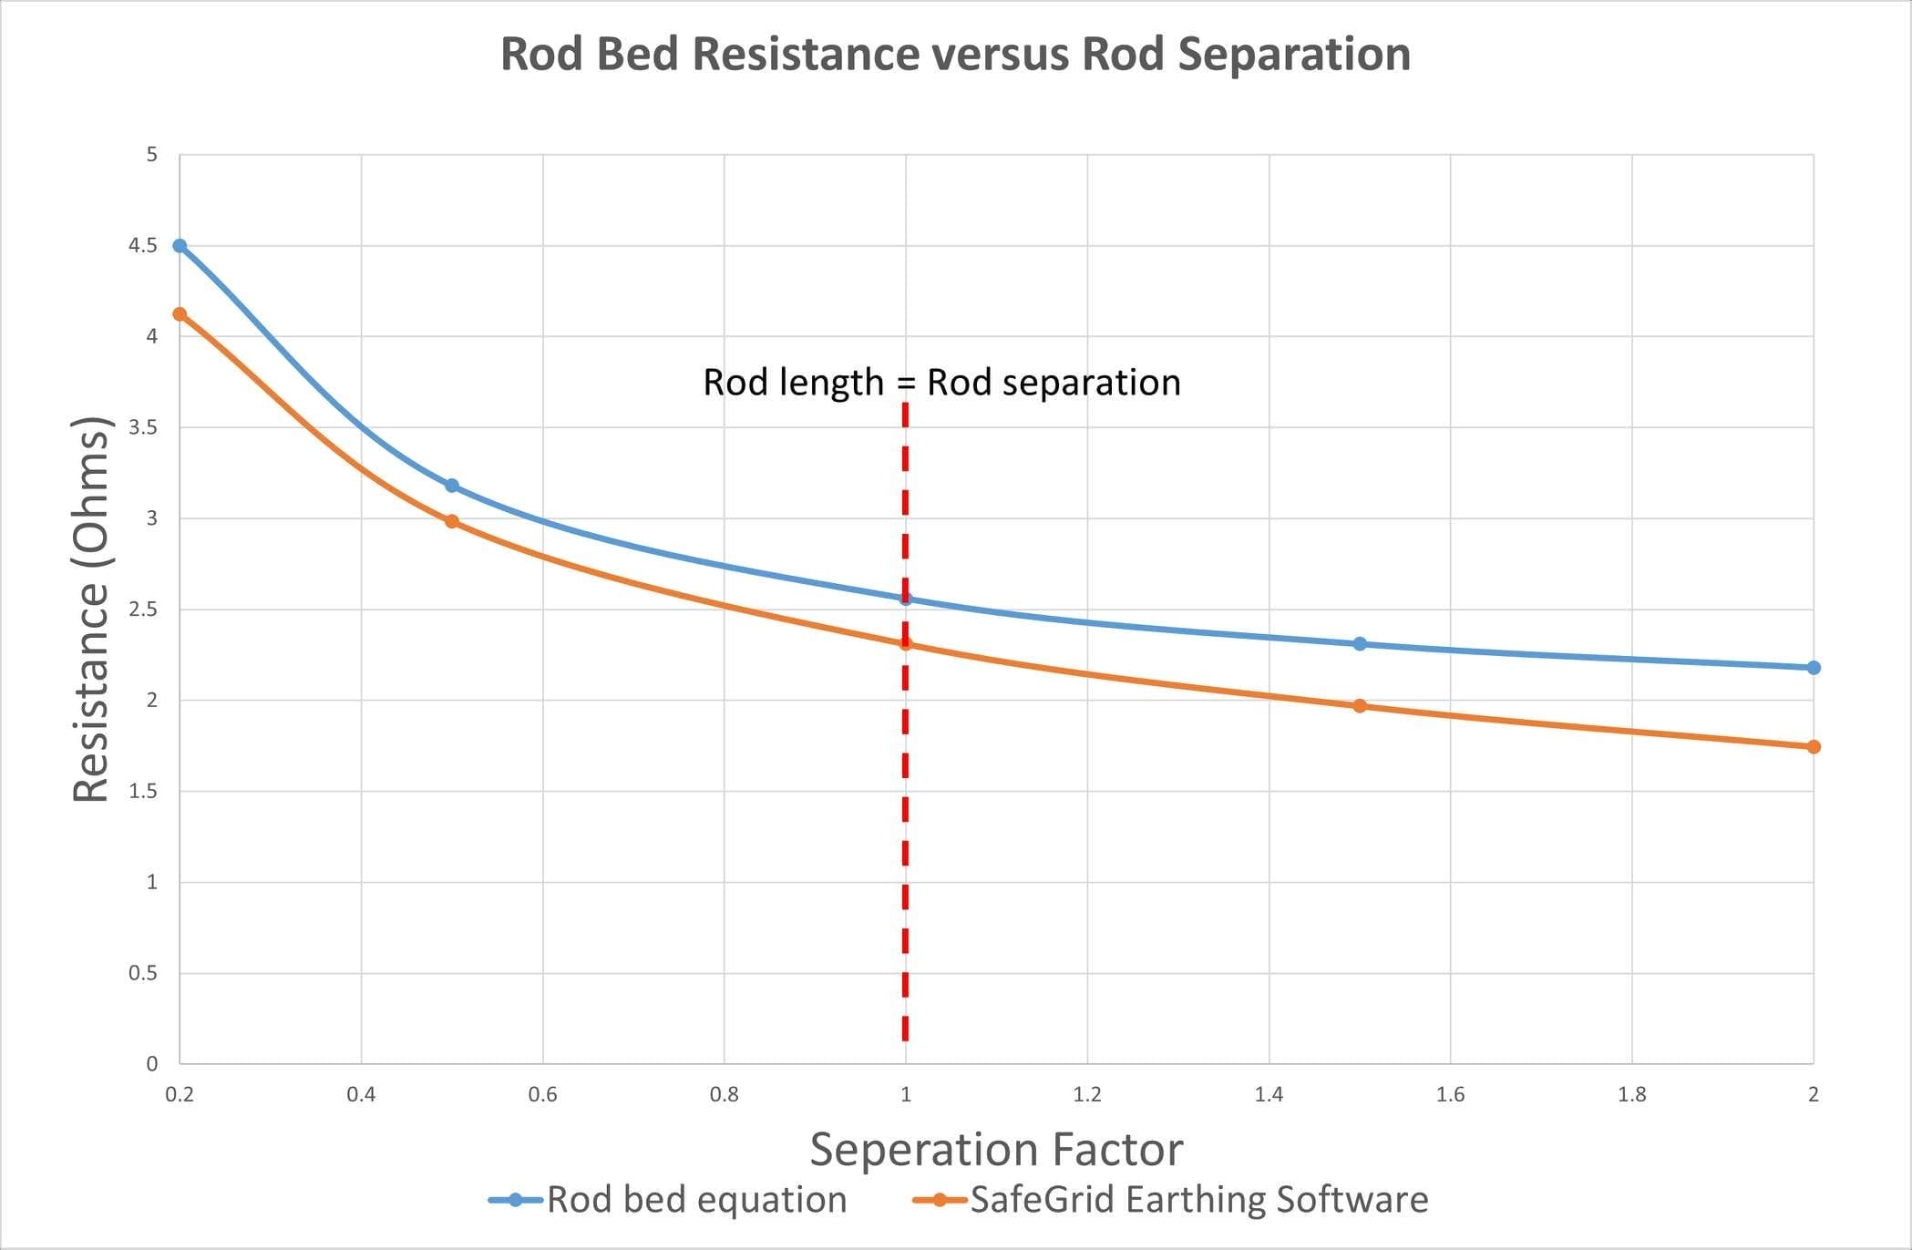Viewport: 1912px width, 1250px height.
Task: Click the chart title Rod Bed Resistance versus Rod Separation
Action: pyautogui.click(x=955, y=54)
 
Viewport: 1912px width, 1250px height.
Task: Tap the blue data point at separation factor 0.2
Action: pyautogui.click(x=180, y=246)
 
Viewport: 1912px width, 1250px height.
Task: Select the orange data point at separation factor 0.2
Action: pyautogui.click(x=180, y=314)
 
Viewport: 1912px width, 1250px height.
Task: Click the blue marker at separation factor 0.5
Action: pyautogui.click(x=452, y=486)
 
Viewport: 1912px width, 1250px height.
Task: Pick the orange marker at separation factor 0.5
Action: pyautogui.click(x=452, y=522)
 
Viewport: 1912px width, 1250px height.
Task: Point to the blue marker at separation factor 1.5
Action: pyautogui.click(x=1360, y=644)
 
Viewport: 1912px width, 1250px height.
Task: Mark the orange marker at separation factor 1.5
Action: pyautogui.click(x=1360, y=706)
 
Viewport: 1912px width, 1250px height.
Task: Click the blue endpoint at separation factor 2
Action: pyautogui.click(x=1814, y=668)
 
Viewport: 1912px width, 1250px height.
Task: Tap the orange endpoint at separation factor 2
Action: pyautogui.click(x=1814, y=747)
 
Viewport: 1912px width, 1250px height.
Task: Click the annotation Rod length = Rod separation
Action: pyautogui.click(x=941, y=383)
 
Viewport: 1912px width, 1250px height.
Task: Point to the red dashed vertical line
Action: pyautogui.click(x=905, y=820)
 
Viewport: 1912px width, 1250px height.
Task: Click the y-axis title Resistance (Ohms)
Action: pyautogui.click(x=91, y=609)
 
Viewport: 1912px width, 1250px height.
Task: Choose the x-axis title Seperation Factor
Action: pyautogui.click(x=996, y=1149)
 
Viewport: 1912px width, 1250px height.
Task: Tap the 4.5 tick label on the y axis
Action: pyautogui.click(x=143, y=246)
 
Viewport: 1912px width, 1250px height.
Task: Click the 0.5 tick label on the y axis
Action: pyautogui.click(x=143, y=973)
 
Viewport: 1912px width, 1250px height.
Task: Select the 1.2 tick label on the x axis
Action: pyautogui.click(x=1087, y=1094)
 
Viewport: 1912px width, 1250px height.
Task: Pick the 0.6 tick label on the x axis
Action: pyautogui.click(x=542, y=1094)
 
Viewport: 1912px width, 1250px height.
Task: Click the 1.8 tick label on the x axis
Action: pyautogui.click(x=1631, y=1094)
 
